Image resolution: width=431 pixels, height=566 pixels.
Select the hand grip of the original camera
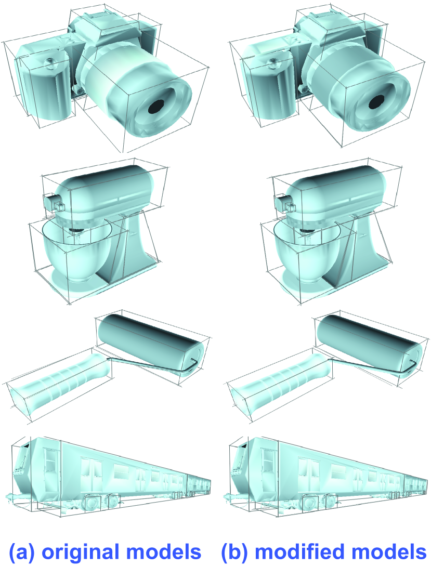(x=43, y=88)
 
